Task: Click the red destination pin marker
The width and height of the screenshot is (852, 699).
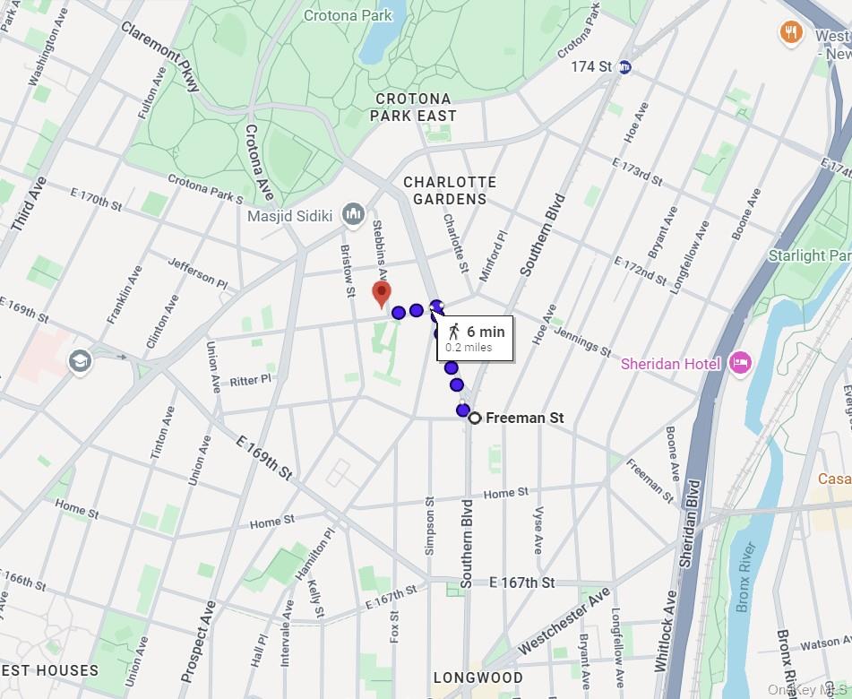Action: [382, 293]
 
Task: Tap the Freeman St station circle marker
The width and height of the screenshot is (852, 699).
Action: [475, 418]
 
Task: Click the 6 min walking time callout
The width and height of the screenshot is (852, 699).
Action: [475, 339]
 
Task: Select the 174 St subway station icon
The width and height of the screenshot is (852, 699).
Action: [626, 66]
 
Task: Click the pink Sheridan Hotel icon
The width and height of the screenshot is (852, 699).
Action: [740, 363]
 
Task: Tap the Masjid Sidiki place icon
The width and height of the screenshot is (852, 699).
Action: [354, 215]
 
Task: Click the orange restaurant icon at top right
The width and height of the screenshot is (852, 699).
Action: [790, 33]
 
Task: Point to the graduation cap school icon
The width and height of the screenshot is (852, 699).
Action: [80, 362]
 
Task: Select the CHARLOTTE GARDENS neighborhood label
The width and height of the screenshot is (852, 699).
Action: [450, 191]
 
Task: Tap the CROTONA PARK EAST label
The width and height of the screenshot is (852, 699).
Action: [415, 107]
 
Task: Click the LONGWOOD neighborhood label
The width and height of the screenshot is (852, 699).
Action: [478, 677]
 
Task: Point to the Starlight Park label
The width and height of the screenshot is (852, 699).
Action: [809, 255]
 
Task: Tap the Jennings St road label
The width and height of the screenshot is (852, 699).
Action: [582, 341]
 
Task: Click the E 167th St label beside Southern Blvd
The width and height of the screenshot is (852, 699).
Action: [522, 582]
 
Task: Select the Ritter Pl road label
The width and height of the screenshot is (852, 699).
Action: [250, 380]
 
